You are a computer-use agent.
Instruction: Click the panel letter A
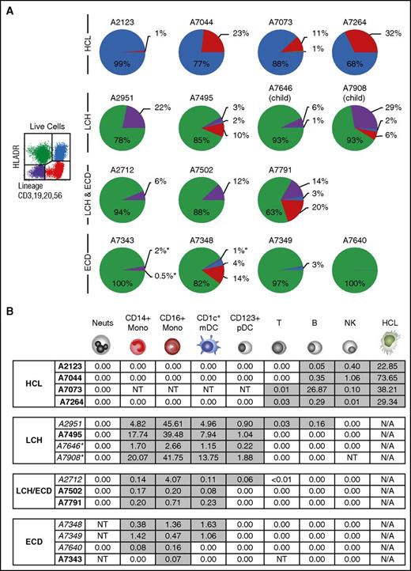7,7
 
